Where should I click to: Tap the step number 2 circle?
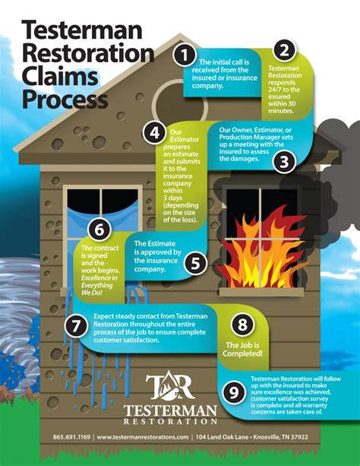pyautogui.click(x=283, y=51)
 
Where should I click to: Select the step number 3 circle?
pyautogui.click(x=284, y=161)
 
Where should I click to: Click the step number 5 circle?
pyautogui.click(x=195, y=264)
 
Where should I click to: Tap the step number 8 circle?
pyautogui.click(x=242, y=325)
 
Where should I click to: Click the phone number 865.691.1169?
pyautogui.click(x=72, y=438)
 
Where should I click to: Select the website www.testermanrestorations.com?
pyautogui.click(x=143, y=438)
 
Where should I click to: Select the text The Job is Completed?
pyautogui.click(x=242, y=350)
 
